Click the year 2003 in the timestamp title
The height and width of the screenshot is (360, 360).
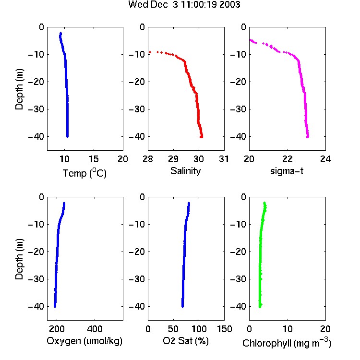click(x=229, y=4)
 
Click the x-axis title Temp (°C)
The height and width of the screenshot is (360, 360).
click(x=84, y=173)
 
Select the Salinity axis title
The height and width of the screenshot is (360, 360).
click(x=185, y=171)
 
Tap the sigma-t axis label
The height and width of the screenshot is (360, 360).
click(x=287, y=171)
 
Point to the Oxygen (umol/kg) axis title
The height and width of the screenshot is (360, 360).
click(x=84, y=341)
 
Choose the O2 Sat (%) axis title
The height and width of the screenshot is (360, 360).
click(x=186, y=341)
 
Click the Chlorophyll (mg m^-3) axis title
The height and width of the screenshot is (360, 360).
click(x=287, y=343)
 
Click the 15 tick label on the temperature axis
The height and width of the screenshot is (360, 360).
click(x=94, y=159)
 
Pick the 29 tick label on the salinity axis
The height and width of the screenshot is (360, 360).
click(x=173, y=159)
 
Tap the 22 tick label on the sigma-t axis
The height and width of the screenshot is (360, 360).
click(x=287, y=159)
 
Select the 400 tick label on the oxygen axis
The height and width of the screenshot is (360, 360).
click(x=95, y=329)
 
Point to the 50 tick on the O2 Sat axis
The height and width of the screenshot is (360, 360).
click(x=173, y=329)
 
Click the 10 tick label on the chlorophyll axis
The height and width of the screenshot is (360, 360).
click(x=288, y=329)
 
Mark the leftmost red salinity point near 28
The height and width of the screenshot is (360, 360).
click(x=150, y=52)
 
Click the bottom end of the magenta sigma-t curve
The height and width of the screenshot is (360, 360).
click(x=307, y=137)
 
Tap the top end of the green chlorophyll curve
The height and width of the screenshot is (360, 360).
click(x=264, y=203)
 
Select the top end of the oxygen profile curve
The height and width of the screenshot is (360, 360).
click(x=64, y=203)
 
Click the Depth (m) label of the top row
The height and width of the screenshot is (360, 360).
click(x=19, y=89)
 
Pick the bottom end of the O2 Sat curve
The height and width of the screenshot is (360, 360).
click(x=182, y=307)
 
